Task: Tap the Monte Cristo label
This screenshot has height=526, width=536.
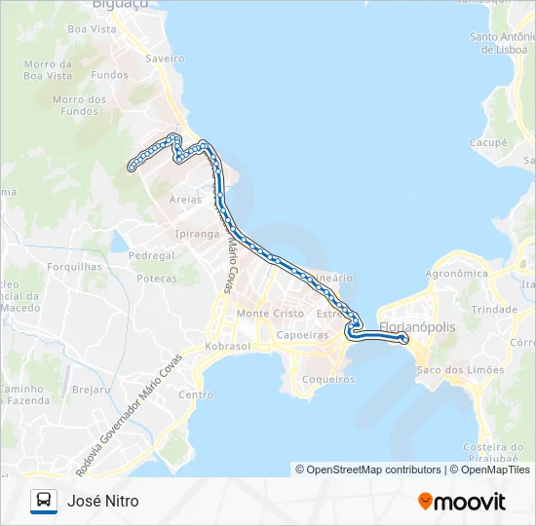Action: (x=270, y=314)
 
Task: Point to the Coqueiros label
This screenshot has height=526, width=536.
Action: (x=328, y=379)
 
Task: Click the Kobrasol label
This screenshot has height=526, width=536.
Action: (x=228, y=347)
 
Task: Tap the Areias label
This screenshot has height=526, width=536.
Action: (x=185, y=199)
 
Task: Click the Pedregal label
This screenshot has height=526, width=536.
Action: (x=151, y=255)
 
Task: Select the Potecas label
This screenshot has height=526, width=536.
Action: (x=157, y=278)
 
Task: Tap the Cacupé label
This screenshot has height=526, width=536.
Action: (x=488, y=142)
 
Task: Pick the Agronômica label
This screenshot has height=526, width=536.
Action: (x=456, y=274)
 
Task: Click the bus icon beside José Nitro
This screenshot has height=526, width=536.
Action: (x=44, y=502)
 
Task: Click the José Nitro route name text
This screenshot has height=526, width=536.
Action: (x=103, y=502)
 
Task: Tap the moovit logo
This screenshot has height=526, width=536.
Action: (x=462, y=502)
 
